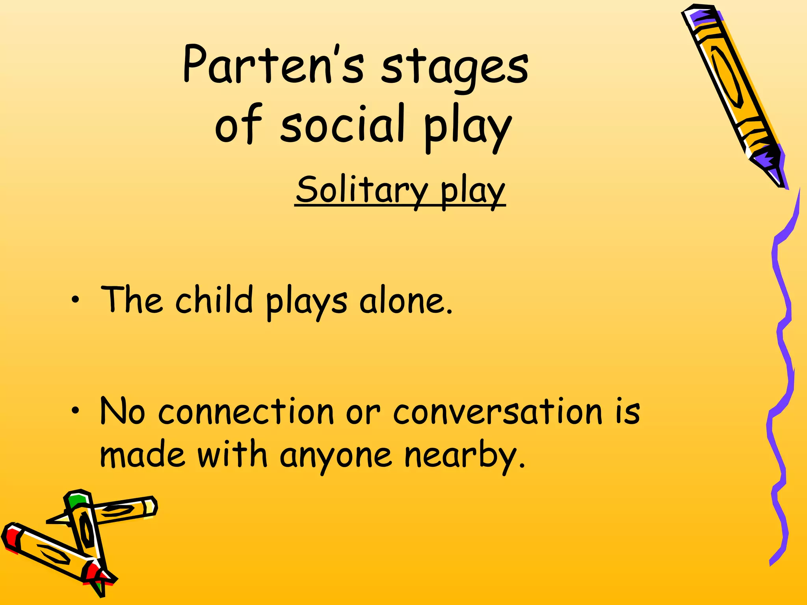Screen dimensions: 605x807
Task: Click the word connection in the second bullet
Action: [246, 412]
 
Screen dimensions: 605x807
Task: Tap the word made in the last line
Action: [142, 455]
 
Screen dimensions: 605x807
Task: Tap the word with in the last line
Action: [232, 455]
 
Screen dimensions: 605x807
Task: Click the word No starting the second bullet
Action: [122, 412]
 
